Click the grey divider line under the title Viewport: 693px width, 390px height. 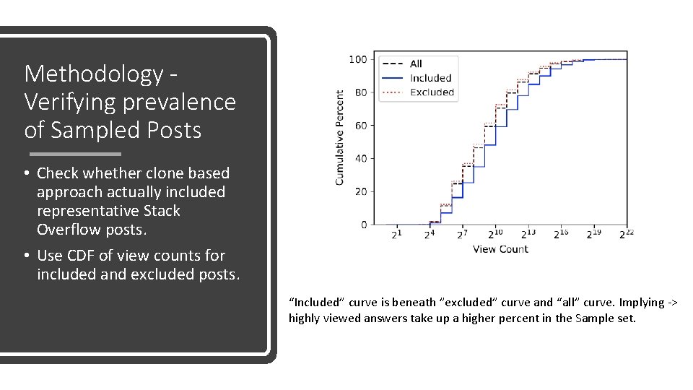[75, 154]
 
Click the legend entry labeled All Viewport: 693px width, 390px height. [416, 64]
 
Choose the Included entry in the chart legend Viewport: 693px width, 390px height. [430, 78]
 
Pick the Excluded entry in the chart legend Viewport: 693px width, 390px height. [432, 92]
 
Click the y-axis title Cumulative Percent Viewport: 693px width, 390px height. [339, 137]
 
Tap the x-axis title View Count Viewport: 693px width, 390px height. [500, 249]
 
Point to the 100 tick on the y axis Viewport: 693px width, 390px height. [357, 59]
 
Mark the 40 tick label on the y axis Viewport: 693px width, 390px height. [360, 158]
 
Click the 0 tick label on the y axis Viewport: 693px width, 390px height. [363, 225]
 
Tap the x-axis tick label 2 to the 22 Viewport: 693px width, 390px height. [625, 234]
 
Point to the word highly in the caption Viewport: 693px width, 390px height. [305, 318]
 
